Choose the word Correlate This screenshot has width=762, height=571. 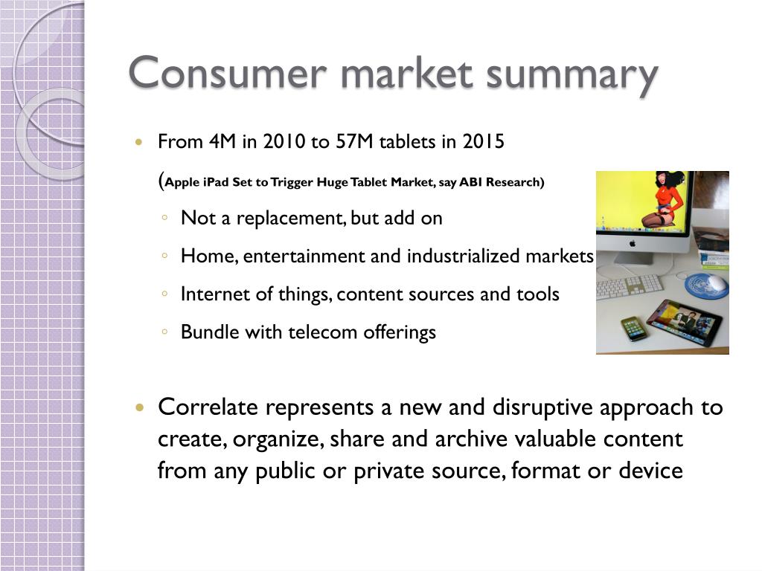point(208,407)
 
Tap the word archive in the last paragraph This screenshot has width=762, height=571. point(471,439)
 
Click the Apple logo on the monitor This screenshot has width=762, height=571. point(633,244)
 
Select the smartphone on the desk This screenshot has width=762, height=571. point(634,329)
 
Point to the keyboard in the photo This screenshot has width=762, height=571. point(629,286)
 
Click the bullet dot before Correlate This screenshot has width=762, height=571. point(140,407)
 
